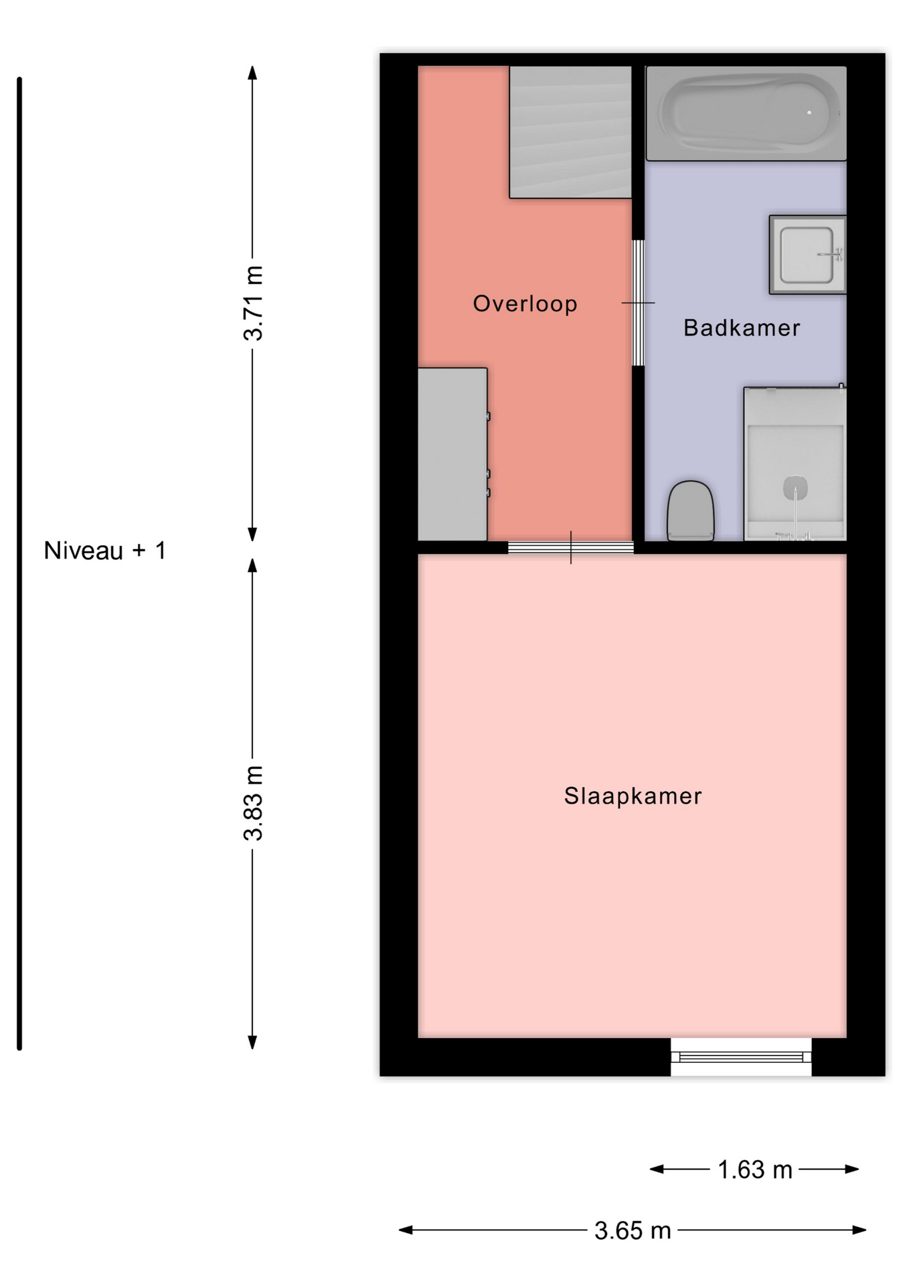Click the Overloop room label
525,303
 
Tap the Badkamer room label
742,328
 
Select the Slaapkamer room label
633,796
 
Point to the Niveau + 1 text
104,551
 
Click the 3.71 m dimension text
253,303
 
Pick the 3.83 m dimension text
253,803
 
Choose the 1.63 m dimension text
754,1170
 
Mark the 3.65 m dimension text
633,1230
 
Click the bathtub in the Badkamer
746,113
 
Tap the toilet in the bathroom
691,510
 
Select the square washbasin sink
808,255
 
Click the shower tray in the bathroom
795,463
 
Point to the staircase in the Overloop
570,132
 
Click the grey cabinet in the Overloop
453,454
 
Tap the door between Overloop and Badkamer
639,303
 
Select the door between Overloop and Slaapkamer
571,548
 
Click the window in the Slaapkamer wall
741,1057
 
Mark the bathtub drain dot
809,113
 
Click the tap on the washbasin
832,255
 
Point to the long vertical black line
19,563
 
